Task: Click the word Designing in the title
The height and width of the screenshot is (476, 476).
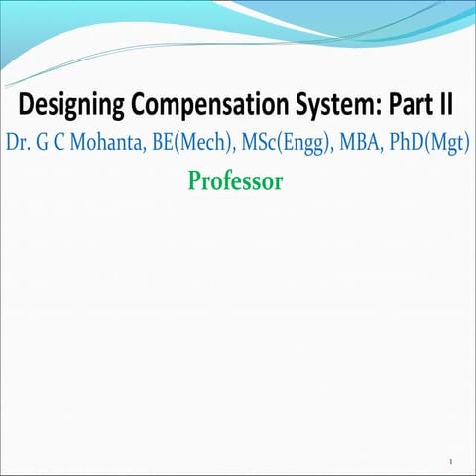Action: coord(68,103)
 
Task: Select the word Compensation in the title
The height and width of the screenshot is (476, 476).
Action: coord(201,103)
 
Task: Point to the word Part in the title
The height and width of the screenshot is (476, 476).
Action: coord(406,102)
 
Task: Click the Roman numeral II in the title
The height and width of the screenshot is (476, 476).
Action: coord(445,102)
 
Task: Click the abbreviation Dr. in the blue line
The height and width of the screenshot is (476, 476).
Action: coord(19,143)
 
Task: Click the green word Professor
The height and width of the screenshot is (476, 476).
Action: coord(236,181)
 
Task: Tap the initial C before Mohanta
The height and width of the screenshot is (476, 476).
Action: coord(59,143)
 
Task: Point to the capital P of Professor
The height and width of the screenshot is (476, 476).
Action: coord(194,181)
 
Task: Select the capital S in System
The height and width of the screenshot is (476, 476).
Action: coord(293,102)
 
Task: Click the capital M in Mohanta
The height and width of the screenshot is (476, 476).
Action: coord(76,143)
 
